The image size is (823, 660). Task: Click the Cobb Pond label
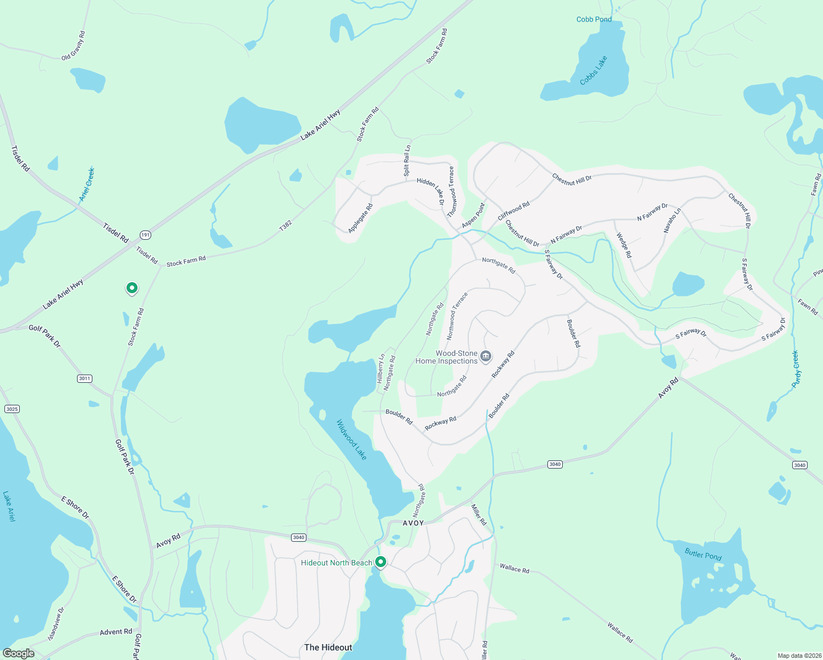click(x=594, y=19)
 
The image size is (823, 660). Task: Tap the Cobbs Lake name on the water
click(x=594, y=70)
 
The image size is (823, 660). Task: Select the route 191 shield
click(x=145, y=235)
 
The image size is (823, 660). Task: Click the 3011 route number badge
click(x=84, y=378)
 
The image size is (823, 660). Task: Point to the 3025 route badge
click(x=12, y=409)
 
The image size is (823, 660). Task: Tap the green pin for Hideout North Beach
click(x=380, y=562)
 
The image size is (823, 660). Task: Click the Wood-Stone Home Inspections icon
click(x=486, y=356)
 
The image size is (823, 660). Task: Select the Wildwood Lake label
click(x=352, y=440)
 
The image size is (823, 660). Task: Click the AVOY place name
click(x=413, y=523)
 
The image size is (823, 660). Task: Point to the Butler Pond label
click(x=703, y=554)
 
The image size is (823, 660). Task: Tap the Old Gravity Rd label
click(x=74, y=46)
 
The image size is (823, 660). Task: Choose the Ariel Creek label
click(x=87, y=184)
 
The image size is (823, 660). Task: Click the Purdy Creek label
click(x=796, y=370)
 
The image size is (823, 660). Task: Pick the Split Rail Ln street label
click(x=407, y=161)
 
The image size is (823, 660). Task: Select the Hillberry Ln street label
click(x=381, y=369)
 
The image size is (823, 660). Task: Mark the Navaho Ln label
click(x=672, y=220)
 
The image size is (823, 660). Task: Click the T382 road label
click(x=285, y=226)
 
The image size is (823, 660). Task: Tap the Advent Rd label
click(x=116, y=632)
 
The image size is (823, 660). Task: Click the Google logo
click(x=18, y=653)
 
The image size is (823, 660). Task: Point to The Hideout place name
click(x=328, y=647)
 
